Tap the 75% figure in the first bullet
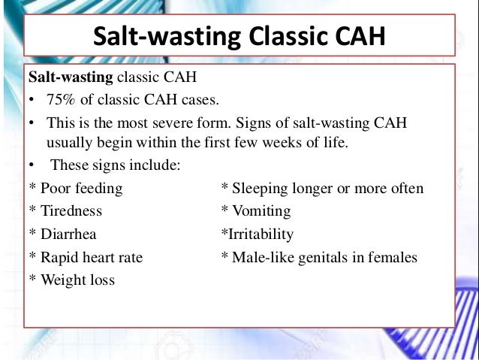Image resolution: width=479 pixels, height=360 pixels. [x=61, y=101]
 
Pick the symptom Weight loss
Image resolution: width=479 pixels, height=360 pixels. [x=78, y=280]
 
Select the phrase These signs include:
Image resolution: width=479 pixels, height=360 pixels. [x=114, y=165]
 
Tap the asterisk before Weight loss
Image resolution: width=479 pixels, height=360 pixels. [x=32, y=280]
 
